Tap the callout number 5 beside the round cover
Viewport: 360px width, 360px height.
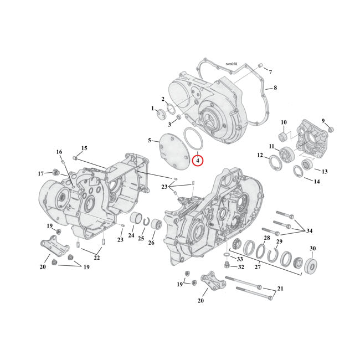[x=149, y=141]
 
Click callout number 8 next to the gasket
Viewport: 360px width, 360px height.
[x=275, y=88]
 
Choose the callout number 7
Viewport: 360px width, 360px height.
[x=270, y=73]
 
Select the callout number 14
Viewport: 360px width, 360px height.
[x=316, y=181]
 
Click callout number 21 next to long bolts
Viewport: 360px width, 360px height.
[x=280, y=288]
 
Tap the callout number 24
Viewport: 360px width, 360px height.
[x=131, y=235]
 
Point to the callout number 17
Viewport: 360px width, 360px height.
[x=40, y=173]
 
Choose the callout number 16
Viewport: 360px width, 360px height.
[x=59, y=152]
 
